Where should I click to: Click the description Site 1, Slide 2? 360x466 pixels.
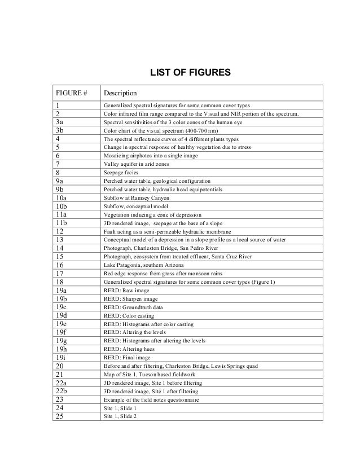(120, 416)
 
